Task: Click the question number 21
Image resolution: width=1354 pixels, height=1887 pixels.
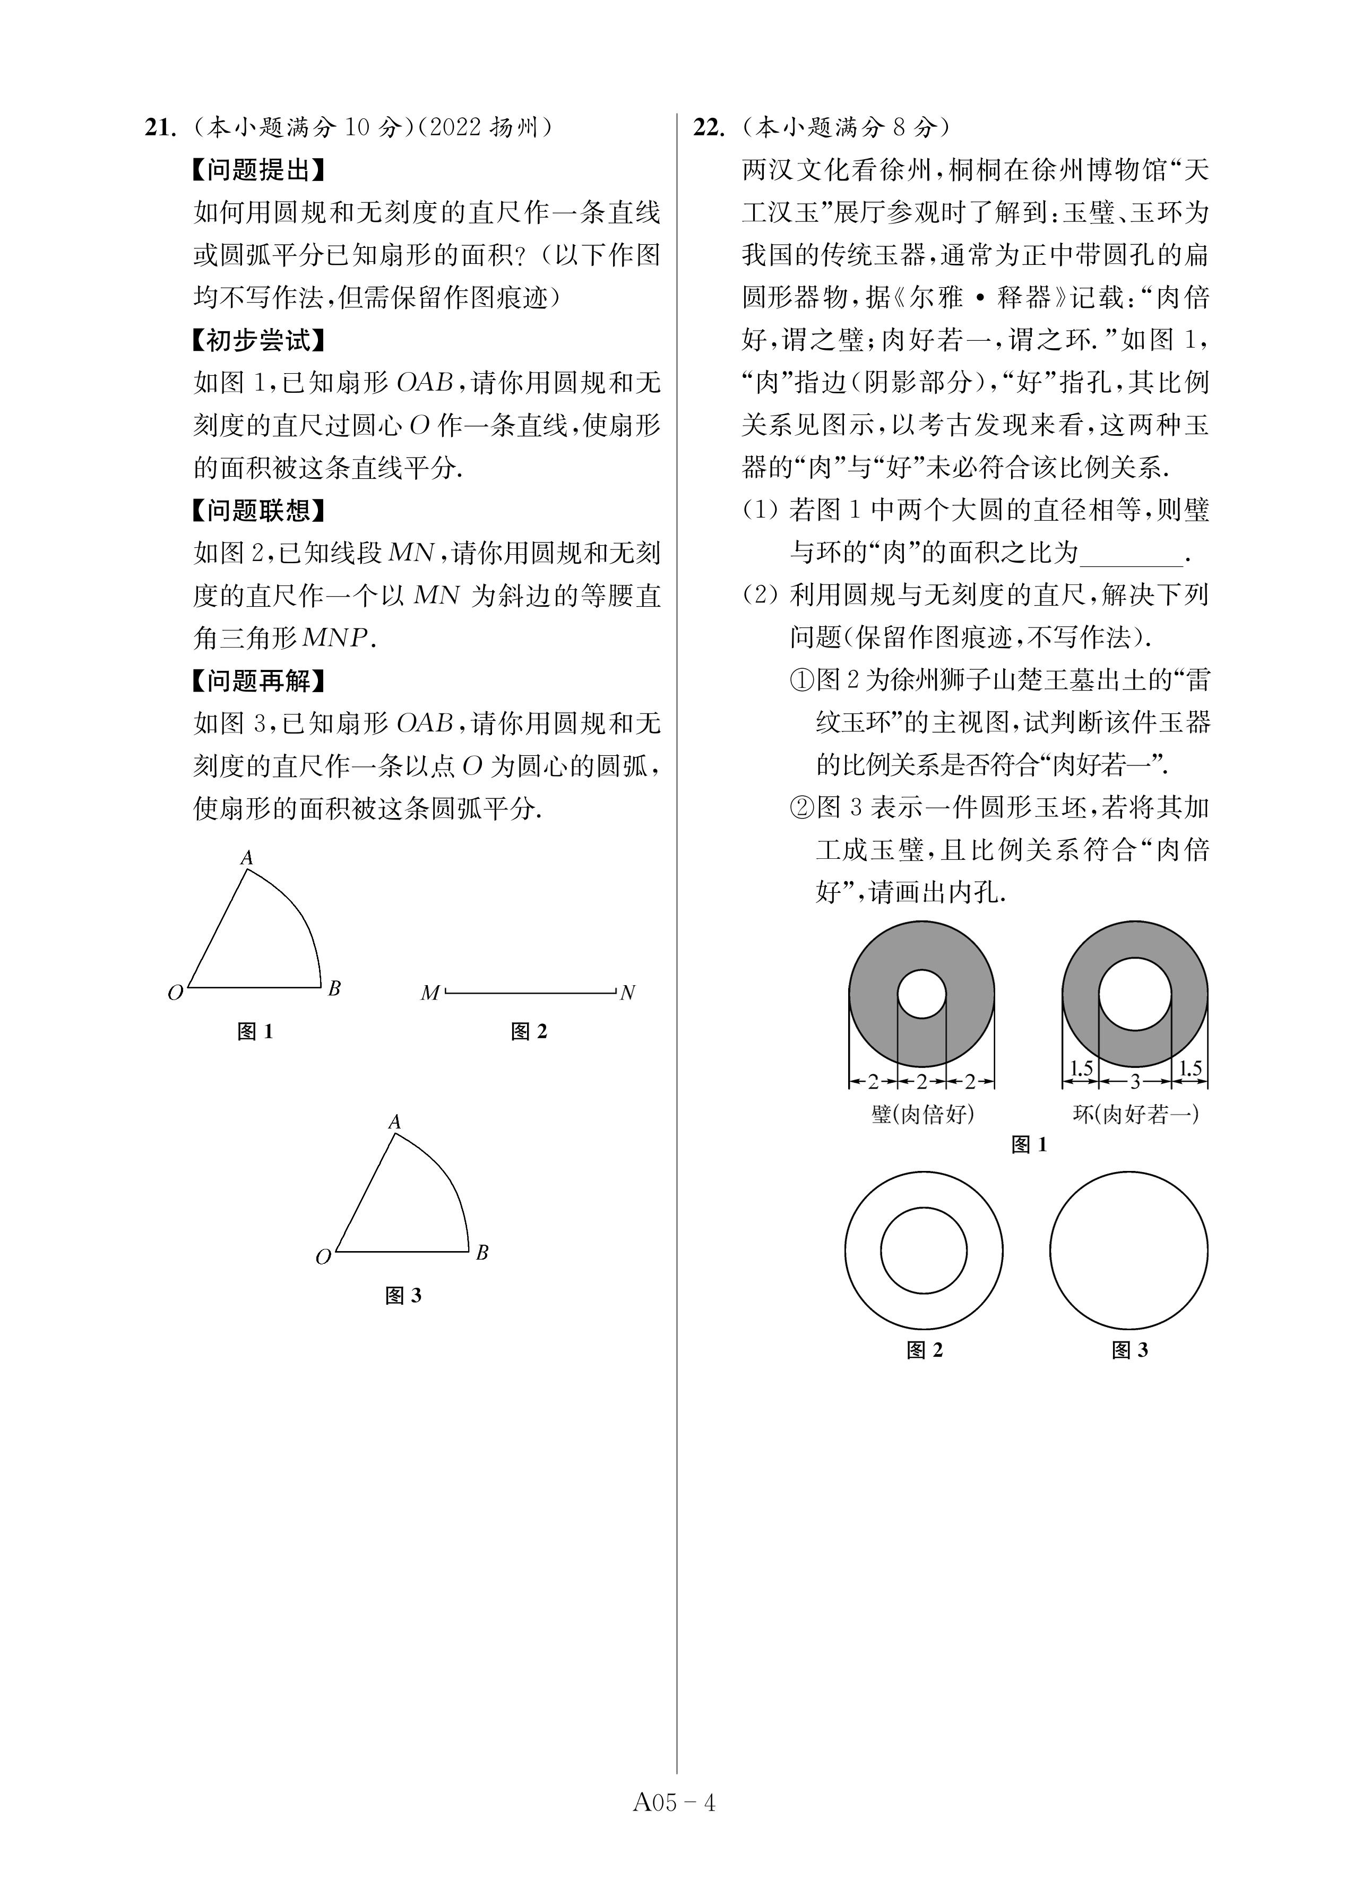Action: [160, 127]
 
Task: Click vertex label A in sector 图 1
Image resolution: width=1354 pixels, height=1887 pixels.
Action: [246, 857]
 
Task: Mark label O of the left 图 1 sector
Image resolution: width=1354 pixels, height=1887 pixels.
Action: [175, 993]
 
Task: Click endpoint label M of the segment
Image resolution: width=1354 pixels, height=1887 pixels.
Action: [429, 993]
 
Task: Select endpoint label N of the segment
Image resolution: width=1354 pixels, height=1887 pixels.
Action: [627, 993]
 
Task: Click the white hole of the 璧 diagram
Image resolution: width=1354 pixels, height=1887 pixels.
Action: [921, 994]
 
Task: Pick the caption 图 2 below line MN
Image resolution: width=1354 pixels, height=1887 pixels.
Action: [529, 1032]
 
